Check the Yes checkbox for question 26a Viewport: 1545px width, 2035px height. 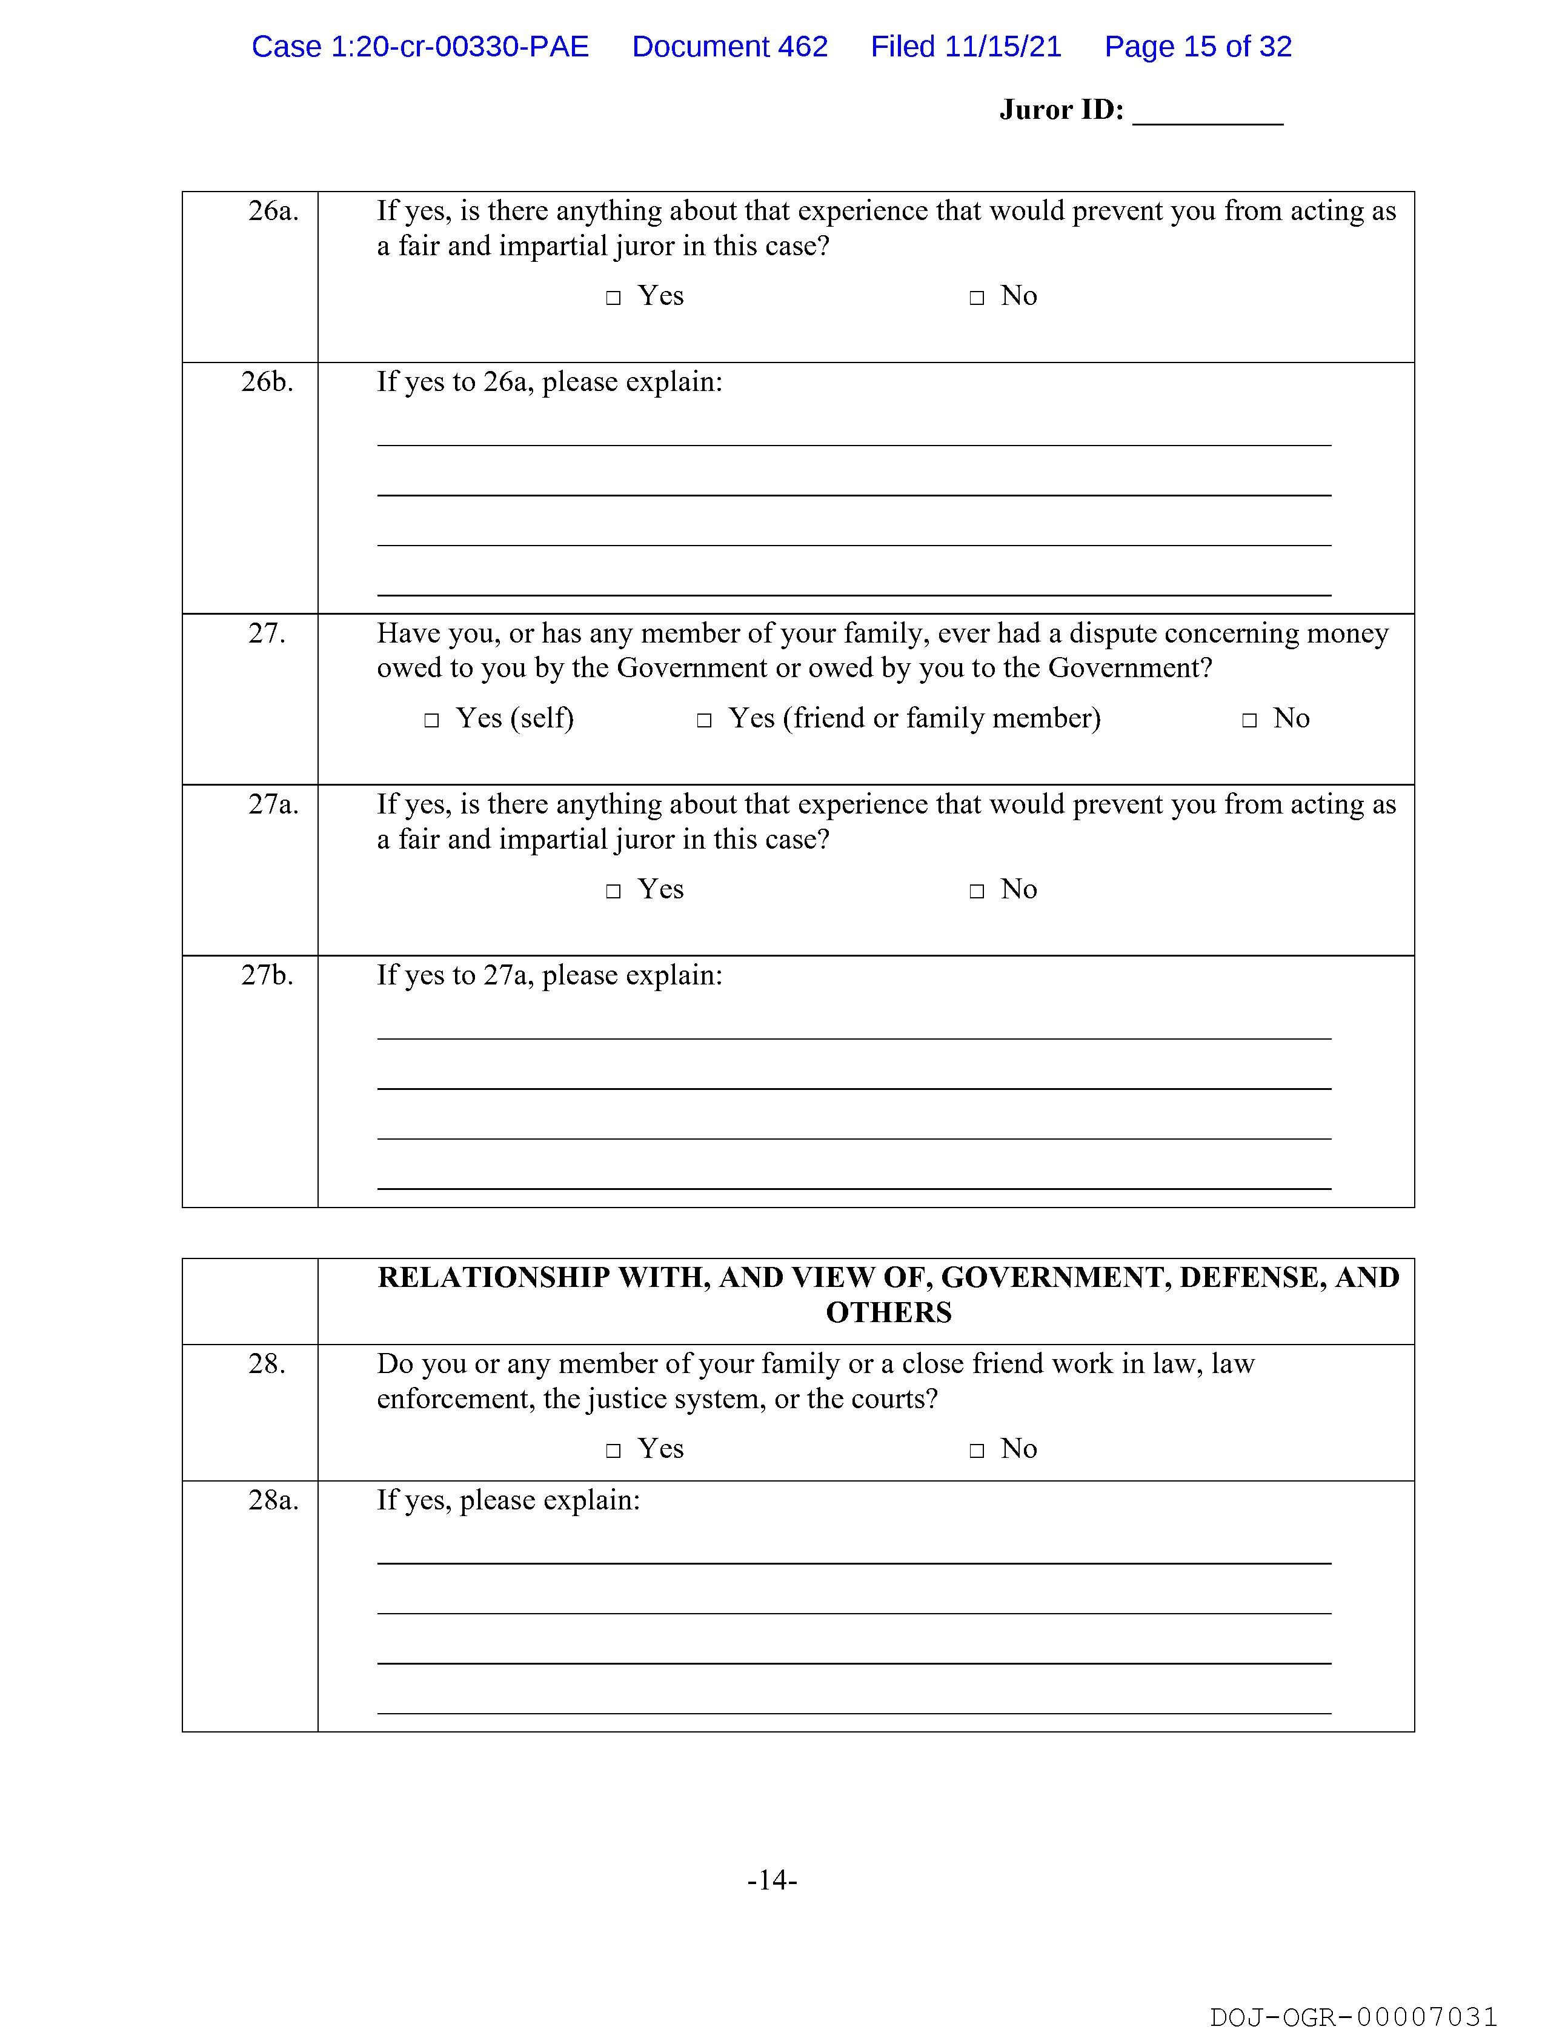[x=613, y=298]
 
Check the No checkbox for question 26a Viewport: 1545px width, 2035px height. [x=977, y=298]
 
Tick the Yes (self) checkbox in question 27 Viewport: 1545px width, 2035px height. [x=431, y=720]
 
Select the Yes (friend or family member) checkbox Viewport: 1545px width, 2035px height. [x=705, y=720]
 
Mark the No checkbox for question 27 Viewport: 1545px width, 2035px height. [x=1249, y=720]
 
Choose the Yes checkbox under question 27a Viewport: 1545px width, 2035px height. [x=613, y=892]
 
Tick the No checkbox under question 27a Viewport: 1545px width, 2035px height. [x=977, y=892]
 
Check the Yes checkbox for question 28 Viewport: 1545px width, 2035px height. [x=613, y=1451]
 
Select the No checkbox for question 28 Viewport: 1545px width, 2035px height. [x=977, y=1451]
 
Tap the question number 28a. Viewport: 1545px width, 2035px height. [x=273, y=1500]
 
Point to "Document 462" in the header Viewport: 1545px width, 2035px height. [x=729, y=47]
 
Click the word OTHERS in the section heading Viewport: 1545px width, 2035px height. [x=888, y=1313]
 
